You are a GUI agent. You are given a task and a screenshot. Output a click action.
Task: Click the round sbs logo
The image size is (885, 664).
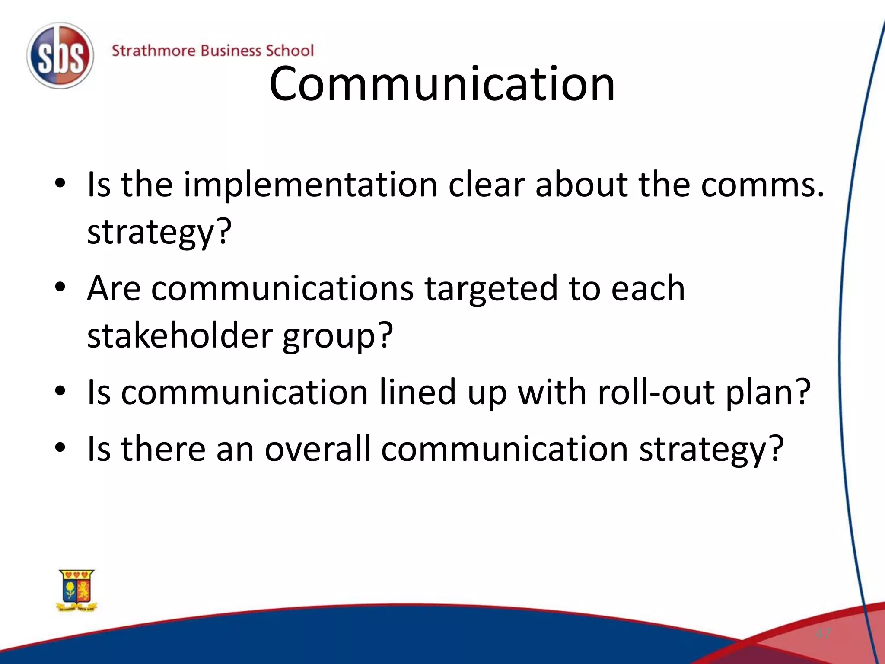pyautogui.click(x=60, y=56)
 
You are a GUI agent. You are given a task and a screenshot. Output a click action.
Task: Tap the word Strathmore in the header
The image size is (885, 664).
pyautogui.click(x=153, y=51)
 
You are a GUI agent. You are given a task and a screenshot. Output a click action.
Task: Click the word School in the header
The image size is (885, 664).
pyautogui.click(x=289, y=51)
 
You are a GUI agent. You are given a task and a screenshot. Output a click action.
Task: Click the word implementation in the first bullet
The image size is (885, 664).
pyautogui.click(x=310, y=185)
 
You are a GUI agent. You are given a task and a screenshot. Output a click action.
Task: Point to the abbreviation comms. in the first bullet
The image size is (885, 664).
pyautogui.click(x=762, y=185)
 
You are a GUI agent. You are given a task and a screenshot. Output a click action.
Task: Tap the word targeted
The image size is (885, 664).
pyautogui.click(x=491, y=289)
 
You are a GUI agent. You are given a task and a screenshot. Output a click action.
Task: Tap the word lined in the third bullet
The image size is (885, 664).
pyautogui.click(x=417, y=393)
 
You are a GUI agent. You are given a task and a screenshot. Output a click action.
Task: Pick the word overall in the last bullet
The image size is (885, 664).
pyautogui.click(x=318, y=449)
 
